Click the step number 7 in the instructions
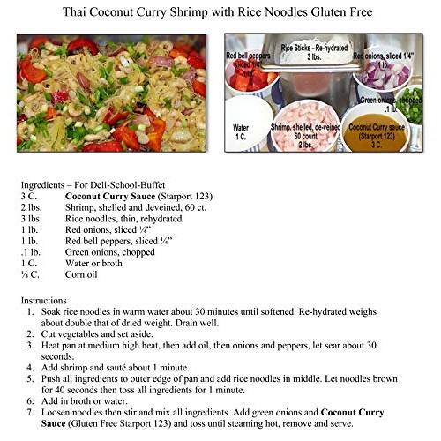(33, 412)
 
